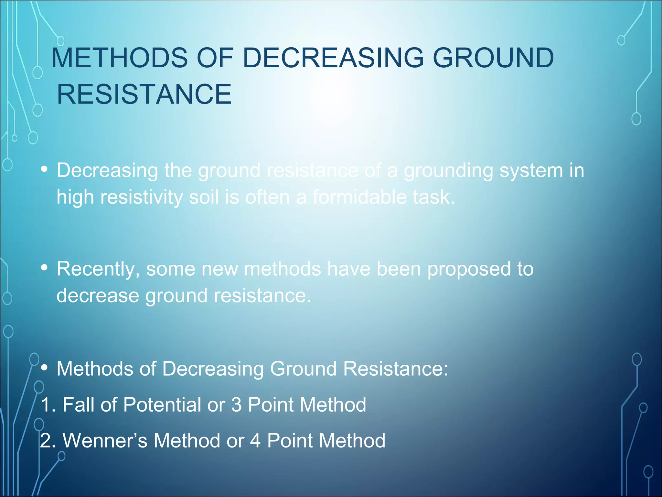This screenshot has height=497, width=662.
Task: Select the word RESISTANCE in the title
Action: click(144, 94)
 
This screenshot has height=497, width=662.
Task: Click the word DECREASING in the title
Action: click(333, 58)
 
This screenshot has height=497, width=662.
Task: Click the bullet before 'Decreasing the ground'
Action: click(45, 169)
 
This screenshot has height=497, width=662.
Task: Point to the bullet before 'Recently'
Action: click(45, 268)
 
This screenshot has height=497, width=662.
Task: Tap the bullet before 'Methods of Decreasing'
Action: click(45, 368)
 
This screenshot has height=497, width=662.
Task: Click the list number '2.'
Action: click(48, 441)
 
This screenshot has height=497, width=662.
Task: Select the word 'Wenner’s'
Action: click(105, 441)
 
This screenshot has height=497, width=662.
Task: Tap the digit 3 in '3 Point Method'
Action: click(237, 405)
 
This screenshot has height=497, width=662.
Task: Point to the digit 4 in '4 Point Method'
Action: click(255, 441)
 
